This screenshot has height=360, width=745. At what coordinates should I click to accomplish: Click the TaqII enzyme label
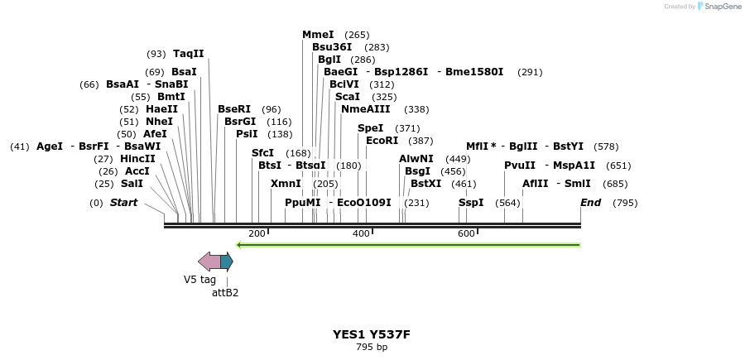tap(188, 54)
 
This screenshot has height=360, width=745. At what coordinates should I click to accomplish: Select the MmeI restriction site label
tap(318, 35)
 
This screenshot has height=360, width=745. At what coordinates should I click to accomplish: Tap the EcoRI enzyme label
tap(382, 141)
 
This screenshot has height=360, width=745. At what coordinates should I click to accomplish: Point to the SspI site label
tap(471, 203)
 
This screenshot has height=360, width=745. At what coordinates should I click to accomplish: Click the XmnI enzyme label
tap(286, 184)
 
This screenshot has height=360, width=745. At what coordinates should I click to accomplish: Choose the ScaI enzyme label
tap(348, 97)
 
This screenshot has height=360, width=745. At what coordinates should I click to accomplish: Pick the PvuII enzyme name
tap(520, 166)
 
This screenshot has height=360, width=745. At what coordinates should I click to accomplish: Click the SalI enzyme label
tap(132, 184)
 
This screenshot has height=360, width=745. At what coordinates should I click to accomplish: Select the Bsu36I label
tap(332, 47)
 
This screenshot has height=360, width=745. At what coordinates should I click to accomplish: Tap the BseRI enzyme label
tap(234, 109)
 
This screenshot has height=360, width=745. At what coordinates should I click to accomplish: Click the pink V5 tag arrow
tap(209, 262)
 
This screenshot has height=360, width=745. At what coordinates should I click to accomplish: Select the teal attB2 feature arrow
tap(227, 262)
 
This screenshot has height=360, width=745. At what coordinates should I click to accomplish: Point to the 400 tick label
tap(361, 234)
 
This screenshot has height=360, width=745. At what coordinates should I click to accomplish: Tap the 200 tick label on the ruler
tap(257, 234)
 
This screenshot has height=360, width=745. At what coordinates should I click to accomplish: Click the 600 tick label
tap(466, 234)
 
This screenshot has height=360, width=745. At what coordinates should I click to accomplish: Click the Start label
tap(124, 203)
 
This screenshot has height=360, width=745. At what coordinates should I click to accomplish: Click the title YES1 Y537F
tap(372, 334)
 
